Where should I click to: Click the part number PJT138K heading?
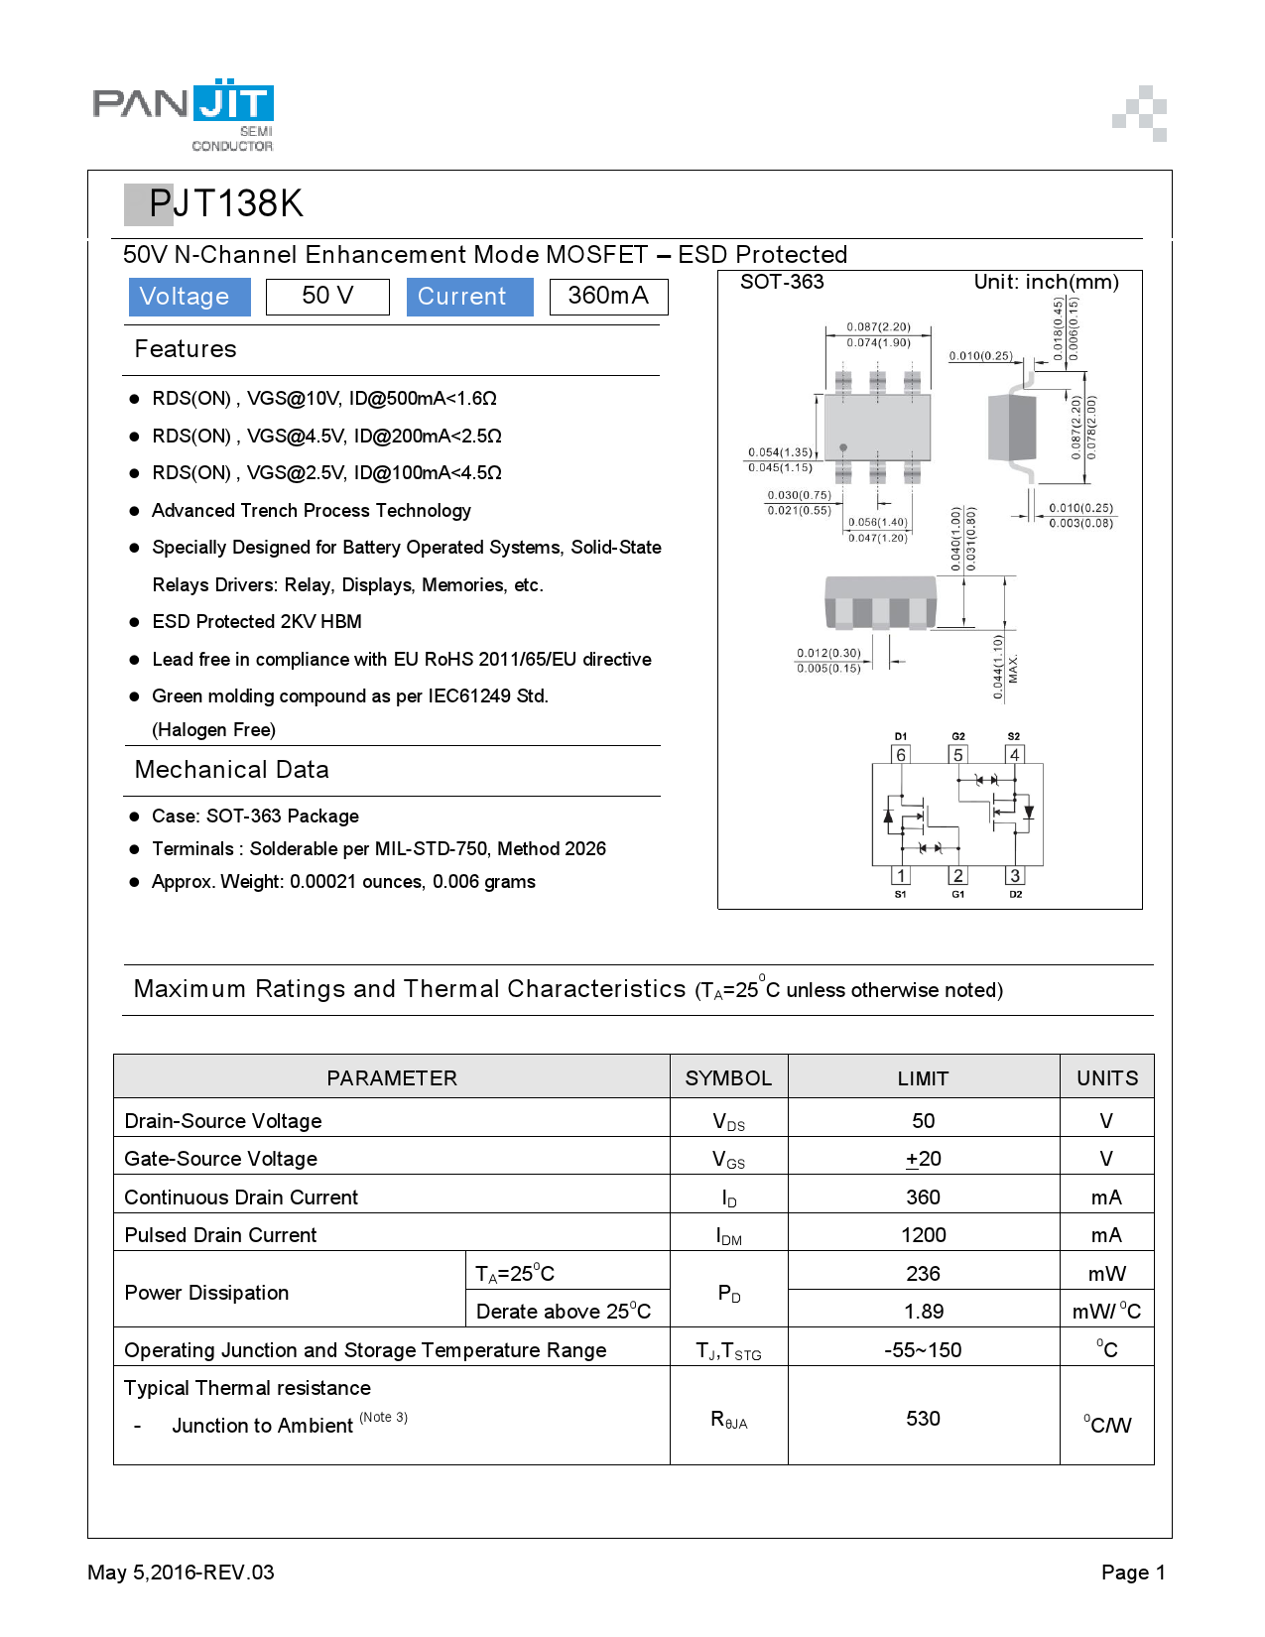coord(225,203)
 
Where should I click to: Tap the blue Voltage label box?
coord(189,297)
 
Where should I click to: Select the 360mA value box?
coord(608,296)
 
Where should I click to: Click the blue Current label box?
coord(469,297)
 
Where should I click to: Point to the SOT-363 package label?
coord(782,282)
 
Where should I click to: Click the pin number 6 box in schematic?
coord(901,755)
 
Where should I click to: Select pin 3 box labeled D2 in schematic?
coord(1014,875)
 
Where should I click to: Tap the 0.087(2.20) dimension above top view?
coord(878,326)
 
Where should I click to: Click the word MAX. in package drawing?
coord(1013,670)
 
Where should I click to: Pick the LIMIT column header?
coord(923,1078)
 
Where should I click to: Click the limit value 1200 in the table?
coord(923,1235)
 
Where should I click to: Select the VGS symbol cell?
coord(728,1159)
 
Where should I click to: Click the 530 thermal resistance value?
coord(923,1419)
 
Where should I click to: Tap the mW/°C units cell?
coord(1106,1312)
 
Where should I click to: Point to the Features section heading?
coord(186,349)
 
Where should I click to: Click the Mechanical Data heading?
coord(231,770)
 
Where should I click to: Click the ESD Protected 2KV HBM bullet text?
coord(256,622)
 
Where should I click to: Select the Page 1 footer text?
coord(1133,1573)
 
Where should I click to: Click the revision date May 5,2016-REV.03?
coord(181,1573)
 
